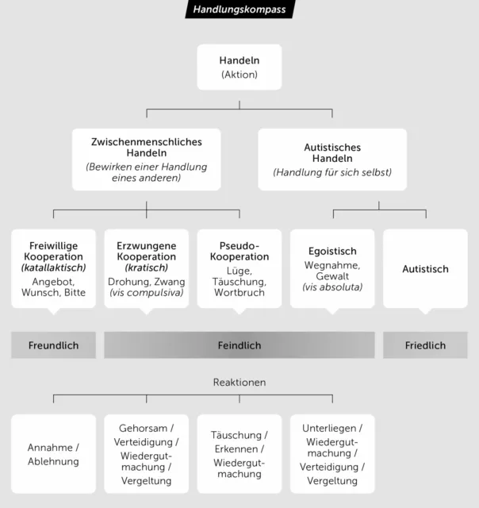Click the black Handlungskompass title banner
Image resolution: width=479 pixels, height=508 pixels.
pos(239,9)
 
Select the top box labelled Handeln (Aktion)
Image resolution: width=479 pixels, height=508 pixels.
pos(239,67)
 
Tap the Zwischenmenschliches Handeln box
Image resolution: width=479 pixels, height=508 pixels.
pos(146,160)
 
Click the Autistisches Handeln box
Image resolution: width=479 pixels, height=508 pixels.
pos(332,160)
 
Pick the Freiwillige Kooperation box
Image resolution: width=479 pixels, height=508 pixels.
pos(53,269)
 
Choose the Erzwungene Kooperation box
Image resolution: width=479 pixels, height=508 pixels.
pos(146,269)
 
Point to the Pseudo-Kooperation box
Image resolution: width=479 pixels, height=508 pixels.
pos(239,269)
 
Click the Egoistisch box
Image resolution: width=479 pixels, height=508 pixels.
pos(332,269)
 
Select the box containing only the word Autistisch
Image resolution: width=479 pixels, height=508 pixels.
pos(425,269)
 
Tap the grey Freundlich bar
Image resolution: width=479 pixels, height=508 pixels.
pos(53,345)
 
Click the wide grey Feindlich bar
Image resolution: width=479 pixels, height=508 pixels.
pos(239,345)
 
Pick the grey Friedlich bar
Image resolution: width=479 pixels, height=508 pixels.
pos(425,345)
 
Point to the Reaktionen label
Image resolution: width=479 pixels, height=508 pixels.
pos(239,383)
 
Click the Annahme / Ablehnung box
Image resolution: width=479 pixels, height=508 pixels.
pos(53,454)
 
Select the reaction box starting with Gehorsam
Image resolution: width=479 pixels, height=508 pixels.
pos(146,454)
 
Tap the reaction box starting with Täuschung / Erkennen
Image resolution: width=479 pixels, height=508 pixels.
pos(239,454)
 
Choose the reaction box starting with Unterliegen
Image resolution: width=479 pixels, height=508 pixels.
pos(332,454)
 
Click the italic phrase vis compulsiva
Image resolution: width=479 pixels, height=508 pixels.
pos(146,293)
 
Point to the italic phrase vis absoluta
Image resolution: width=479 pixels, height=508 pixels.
pos(332,287)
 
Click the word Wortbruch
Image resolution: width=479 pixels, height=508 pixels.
pos(239,293)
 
